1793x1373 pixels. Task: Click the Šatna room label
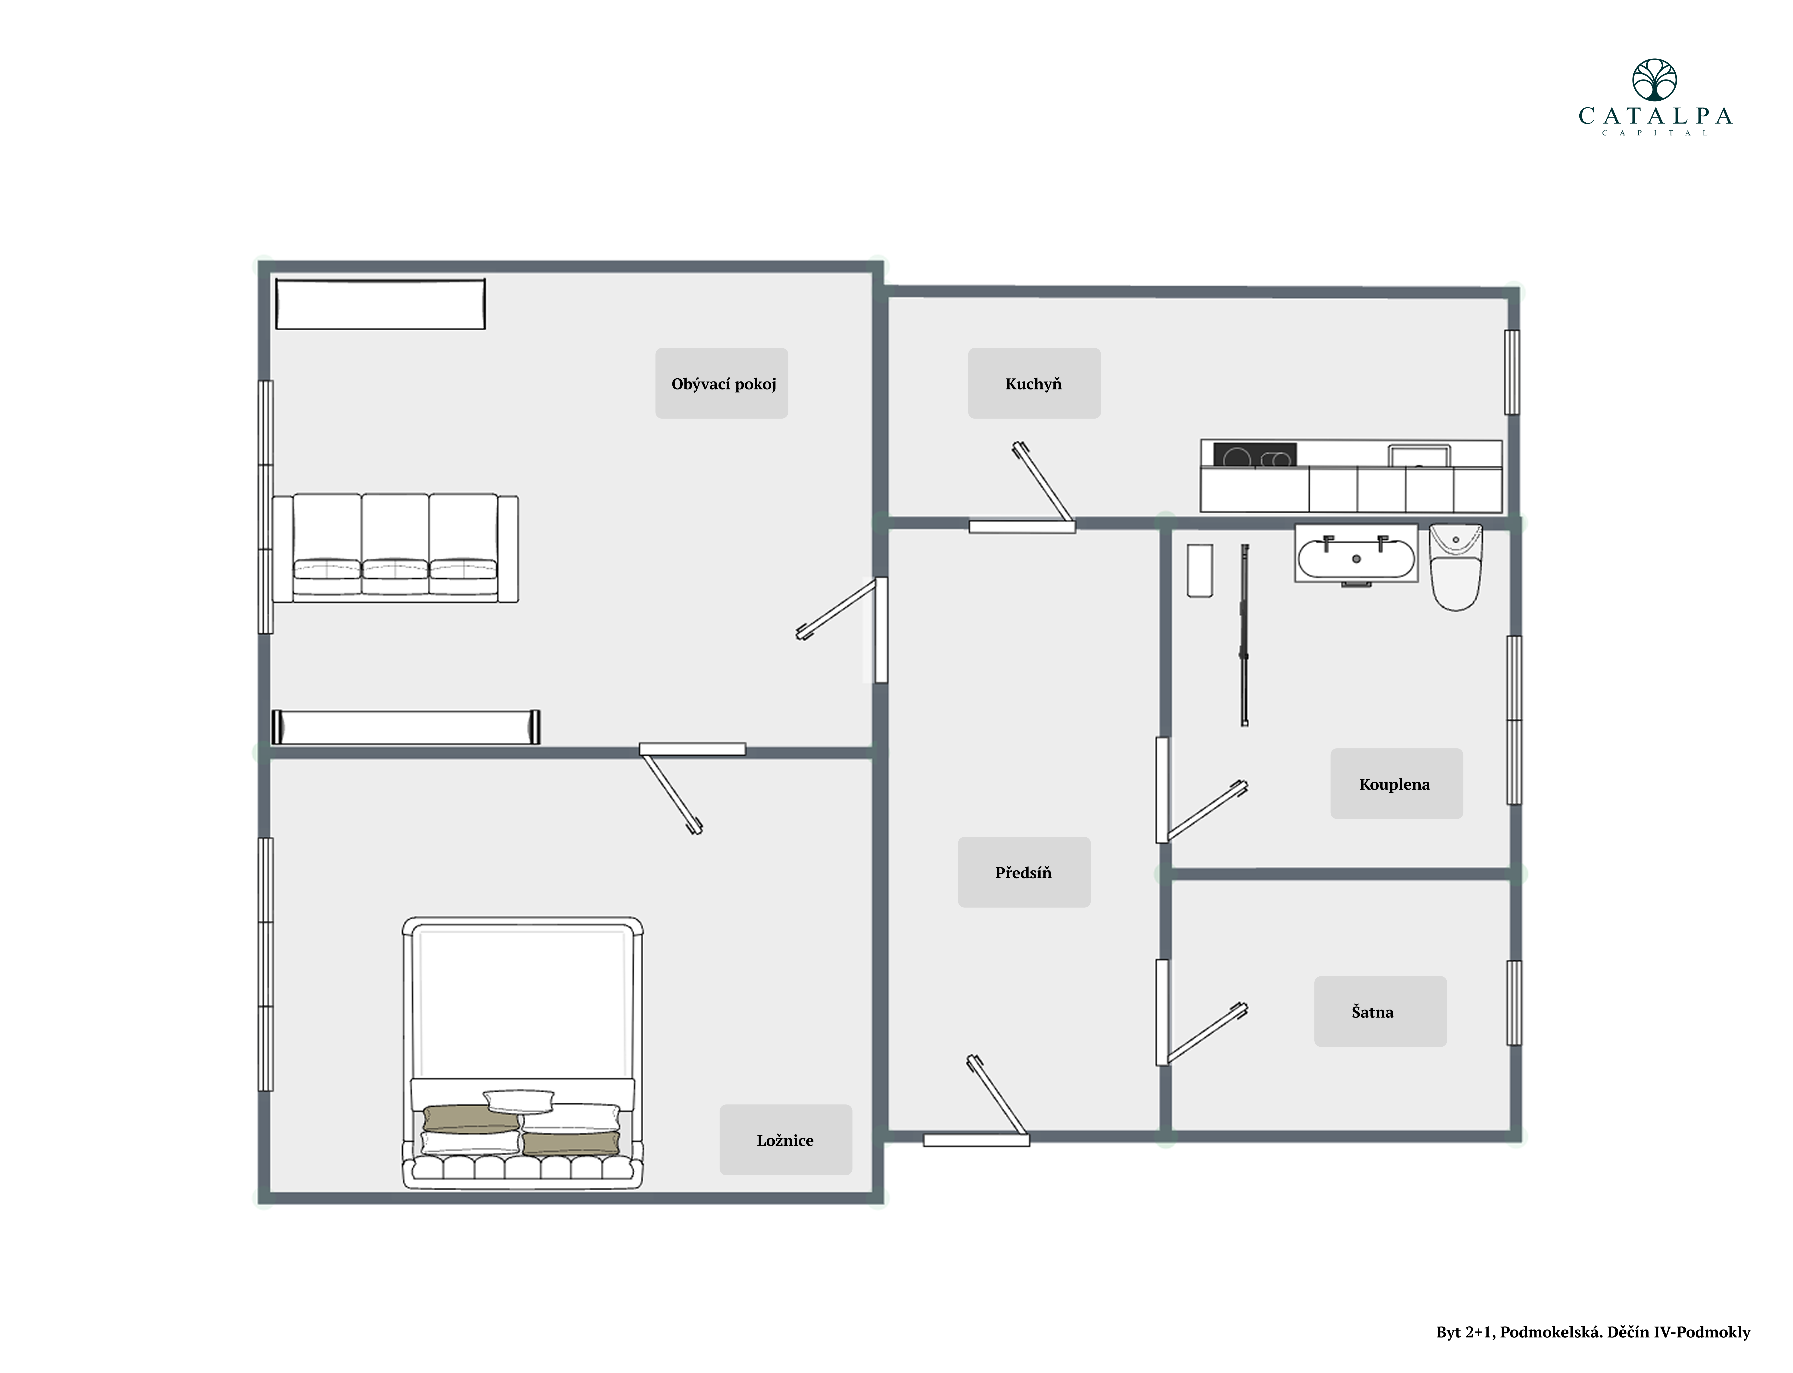click(x=1373, y=1012)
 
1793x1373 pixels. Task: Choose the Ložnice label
click(x=785, y=1140)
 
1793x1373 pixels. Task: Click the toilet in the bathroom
click(x=1455, y=567)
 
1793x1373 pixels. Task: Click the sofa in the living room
click(x=395, y=548)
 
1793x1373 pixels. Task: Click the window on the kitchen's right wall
click(x=1512, y=372)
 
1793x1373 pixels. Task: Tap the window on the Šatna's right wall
click(x=1514, y=1003)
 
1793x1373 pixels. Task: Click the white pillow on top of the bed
click(x=519, y=1101)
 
